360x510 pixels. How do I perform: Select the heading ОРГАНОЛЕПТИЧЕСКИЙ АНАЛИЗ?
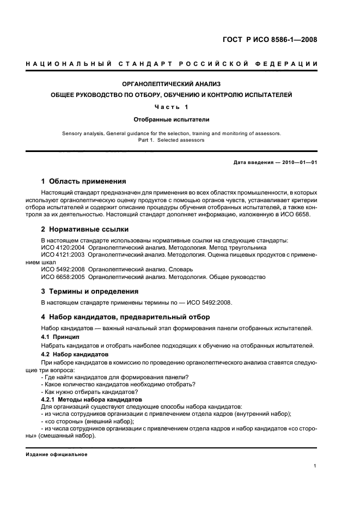(x=172, y=84)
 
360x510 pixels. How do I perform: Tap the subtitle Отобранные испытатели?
(x=172, y=118)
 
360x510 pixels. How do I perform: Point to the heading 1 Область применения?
(x=84, y=181)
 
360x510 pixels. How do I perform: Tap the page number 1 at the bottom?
(x=315, y=466)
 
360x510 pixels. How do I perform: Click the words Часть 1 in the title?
(x=172, y=107)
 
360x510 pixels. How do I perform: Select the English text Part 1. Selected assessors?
(x=172, y=140)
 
